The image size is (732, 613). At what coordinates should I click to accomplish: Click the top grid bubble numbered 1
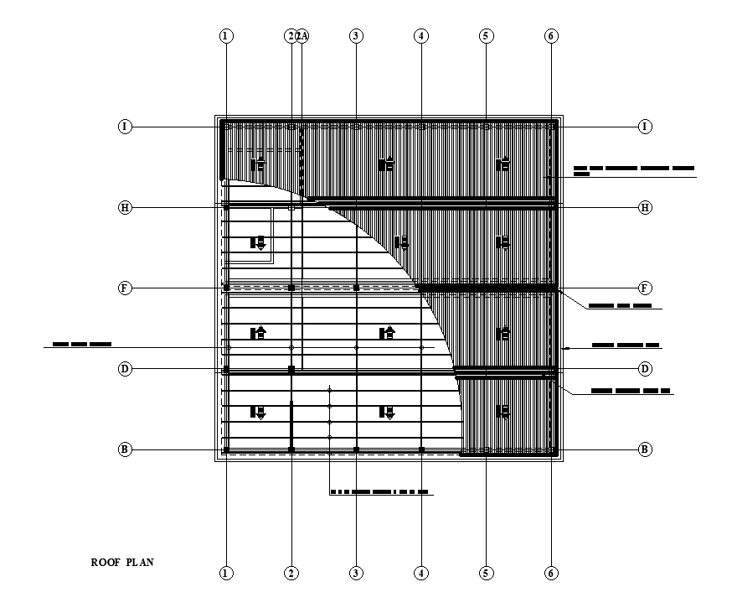(x=225, y=36)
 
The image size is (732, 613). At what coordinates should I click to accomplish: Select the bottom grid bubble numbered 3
(x=356, y=574)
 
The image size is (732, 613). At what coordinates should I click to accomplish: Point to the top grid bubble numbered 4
(x=421, y=36)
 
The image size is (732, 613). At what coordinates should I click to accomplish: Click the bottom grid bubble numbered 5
(x=486, y=574)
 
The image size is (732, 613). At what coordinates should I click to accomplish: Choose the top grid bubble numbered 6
(x=551, y=36)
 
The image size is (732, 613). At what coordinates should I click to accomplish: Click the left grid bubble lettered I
(x=125, y=127)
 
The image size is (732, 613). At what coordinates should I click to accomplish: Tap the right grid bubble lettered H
(x=645, y=207)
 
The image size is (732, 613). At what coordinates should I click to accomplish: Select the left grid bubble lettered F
(x=125, y=288)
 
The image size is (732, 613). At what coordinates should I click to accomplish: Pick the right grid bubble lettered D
(x=645, y=369)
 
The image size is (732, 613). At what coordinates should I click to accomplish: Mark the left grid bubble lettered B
(x=125, y=449)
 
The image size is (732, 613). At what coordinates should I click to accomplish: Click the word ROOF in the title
(x=106, y=563)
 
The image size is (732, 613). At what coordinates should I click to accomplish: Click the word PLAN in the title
(x=140, y=563)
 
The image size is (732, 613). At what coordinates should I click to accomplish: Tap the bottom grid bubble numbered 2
(x=291, y=574)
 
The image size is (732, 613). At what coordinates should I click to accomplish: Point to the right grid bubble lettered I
(x=645, y=127)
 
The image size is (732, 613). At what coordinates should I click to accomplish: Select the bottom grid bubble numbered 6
(x=551, y=574)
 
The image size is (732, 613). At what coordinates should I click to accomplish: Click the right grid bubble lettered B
(x=645, y=449)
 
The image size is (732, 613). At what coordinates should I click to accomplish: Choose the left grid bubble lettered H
(x=125, y=207)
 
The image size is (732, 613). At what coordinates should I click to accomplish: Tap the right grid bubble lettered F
(x=645, y=288)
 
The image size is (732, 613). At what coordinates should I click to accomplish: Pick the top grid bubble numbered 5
(x=486, y=36)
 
